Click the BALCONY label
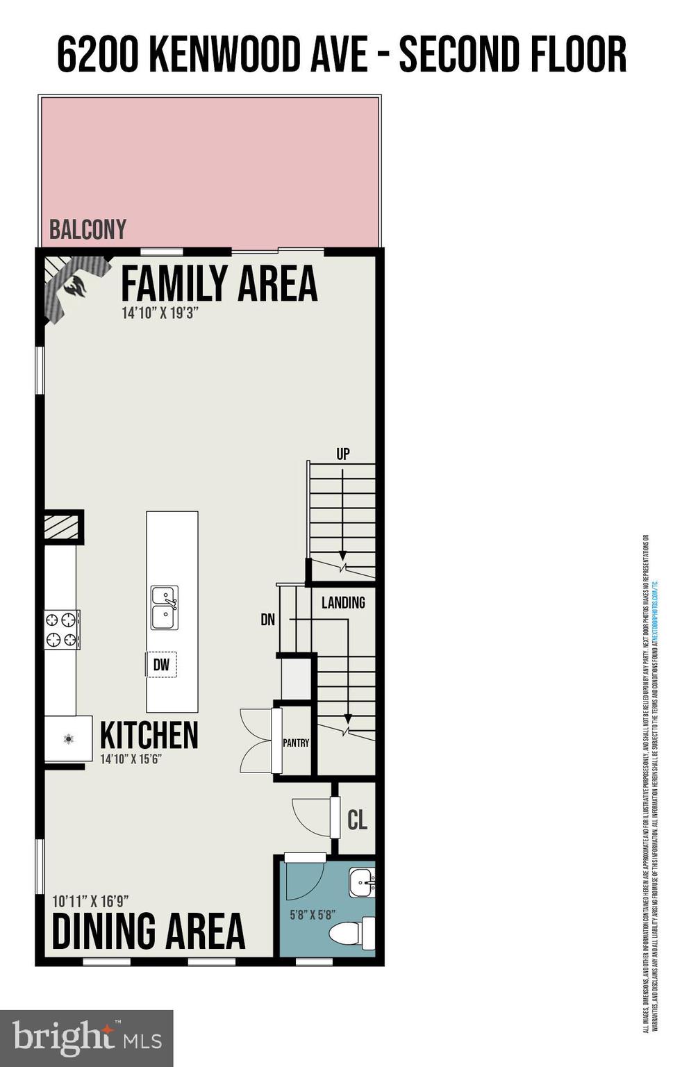point(88,230)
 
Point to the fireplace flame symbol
point(74,286)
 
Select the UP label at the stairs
point(343,454)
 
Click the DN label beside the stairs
point(268,619)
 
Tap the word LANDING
point(343,603)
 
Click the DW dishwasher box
point(162,665)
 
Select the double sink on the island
point(164,606)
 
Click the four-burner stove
point(62,629)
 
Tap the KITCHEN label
point(149,736)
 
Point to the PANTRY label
point(296,743)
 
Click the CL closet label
point(357,820)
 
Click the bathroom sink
point(362,882)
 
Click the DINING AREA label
point(149,932)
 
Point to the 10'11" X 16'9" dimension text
point(91,902)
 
